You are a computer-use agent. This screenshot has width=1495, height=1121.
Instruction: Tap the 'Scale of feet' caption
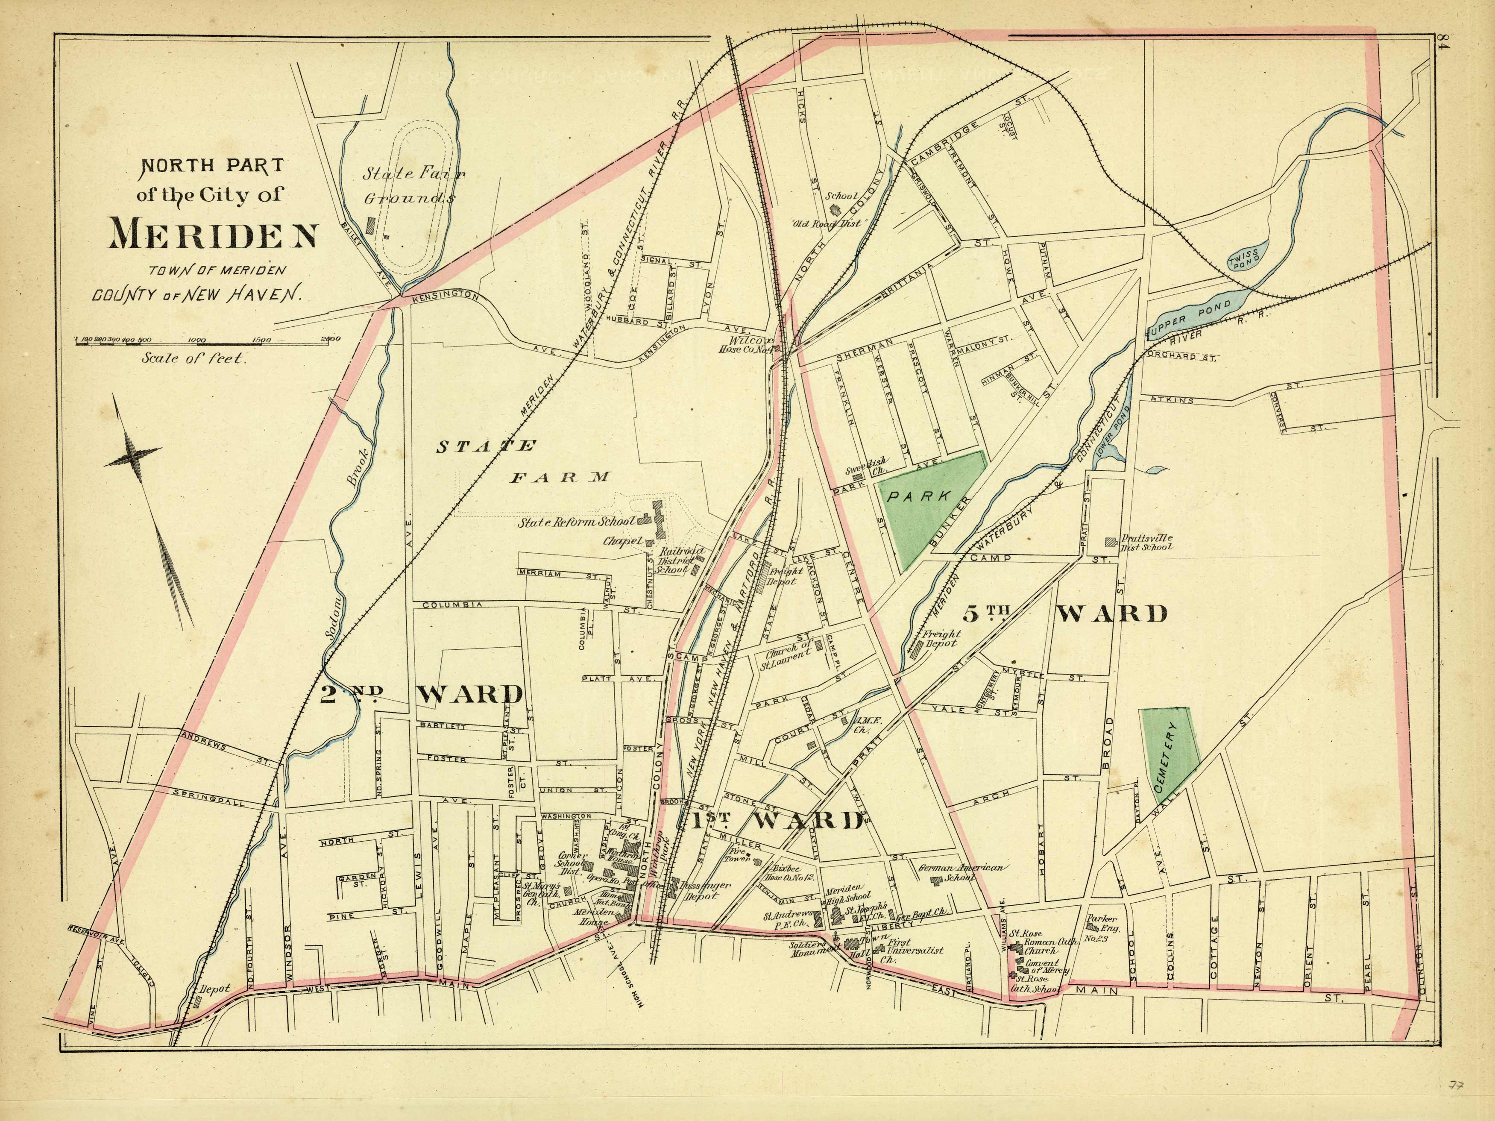tap(194, 359)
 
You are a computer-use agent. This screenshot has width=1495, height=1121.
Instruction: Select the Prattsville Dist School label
tap(1146, 542)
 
